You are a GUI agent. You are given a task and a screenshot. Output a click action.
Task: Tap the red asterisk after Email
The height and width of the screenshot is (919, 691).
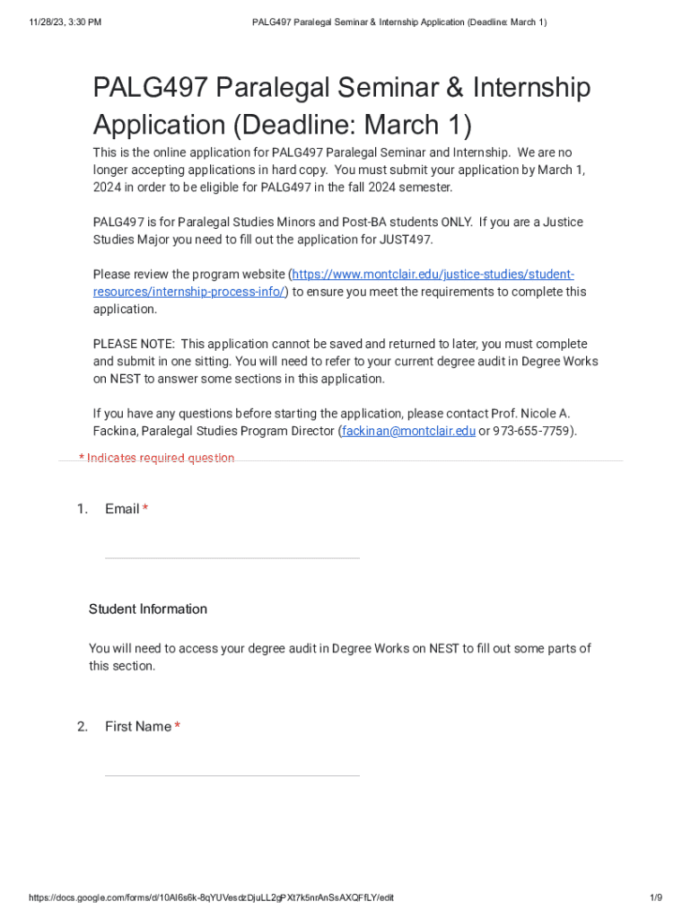(145, 510)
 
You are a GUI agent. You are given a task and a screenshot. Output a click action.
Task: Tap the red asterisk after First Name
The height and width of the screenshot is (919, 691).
(178, 727)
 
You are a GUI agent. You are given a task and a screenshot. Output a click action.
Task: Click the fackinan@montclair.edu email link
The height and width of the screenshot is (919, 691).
(408, 431)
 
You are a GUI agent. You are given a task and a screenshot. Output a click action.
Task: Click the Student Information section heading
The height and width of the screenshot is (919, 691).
(147, 609)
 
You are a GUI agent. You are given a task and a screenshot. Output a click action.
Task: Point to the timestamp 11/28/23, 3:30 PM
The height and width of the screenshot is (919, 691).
(64, 22)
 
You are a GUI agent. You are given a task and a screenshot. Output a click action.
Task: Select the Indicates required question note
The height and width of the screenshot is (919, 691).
(157, 459)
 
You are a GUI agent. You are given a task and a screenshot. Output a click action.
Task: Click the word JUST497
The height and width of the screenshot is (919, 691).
(406, 240)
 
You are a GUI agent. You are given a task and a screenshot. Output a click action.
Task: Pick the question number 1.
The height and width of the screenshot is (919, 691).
(82, 510)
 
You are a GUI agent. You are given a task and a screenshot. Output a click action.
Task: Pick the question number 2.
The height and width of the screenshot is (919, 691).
(82, 727)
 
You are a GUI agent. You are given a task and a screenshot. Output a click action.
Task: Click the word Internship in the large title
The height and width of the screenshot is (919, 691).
(520, 88)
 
